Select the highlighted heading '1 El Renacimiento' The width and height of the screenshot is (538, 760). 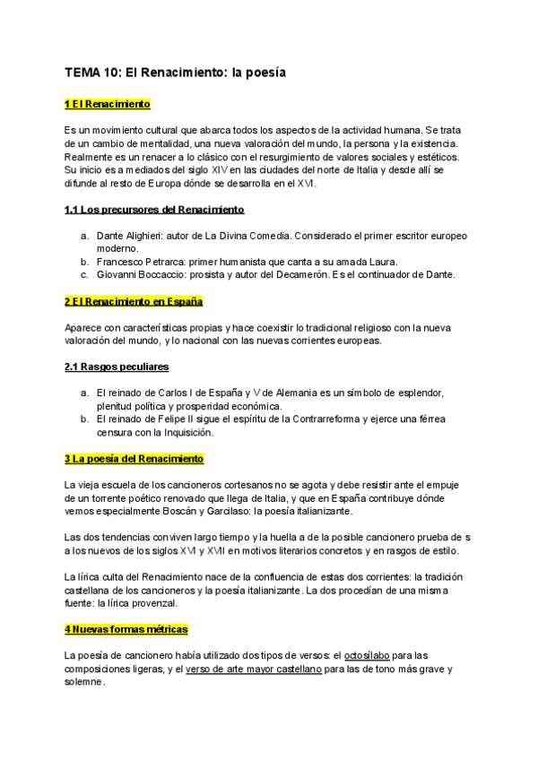(108, 105)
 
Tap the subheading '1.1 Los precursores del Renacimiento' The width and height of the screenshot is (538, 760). (154, 210)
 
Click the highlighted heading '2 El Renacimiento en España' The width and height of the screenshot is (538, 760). (134, 301)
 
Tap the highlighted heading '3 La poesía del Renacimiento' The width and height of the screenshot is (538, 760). (134, 459)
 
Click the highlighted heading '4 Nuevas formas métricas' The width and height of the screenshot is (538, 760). (126, 629)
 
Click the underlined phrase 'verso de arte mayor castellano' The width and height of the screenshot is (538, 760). (253, 669)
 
